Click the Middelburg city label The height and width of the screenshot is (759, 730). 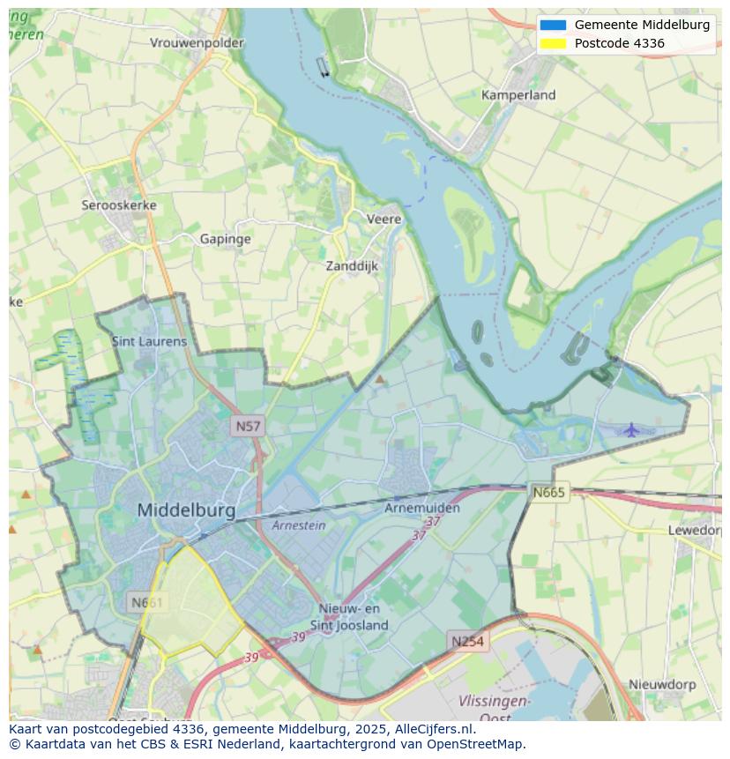[186, 510]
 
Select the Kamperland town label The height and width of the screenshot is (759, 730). [518, 94]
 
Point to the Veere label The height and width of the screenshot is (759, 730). [384, 219]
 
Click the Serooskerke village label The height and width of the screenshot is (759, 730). [119, 205]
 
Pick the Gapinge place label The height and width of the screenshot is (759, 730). [225, 239]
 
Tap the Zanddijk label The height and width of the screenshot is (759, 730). [352, 265]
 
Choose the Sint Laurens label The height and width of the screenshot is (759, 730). [149, 341]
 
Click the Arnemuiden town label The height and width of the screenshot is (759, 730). [422, 509]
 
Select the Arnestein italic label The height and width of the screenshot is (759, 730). [298, 525]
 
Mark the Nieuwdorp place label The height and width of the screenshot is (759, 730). [662, 684]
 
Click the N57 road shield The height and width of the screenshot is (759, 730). [248, 427]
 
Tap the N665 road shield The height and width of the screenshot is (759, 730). [548, 492]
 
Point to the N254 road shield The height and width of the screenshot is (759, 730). [467, 642]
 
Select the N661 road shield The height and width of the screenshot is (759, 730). [145, 603]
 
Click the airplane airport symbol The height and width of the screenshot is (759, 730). [631, 429]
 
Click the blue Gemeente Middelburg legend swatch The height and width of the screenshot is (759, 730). [553, 25]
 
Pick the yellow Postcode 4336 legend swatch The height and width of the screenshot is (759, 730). [553, 43]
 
